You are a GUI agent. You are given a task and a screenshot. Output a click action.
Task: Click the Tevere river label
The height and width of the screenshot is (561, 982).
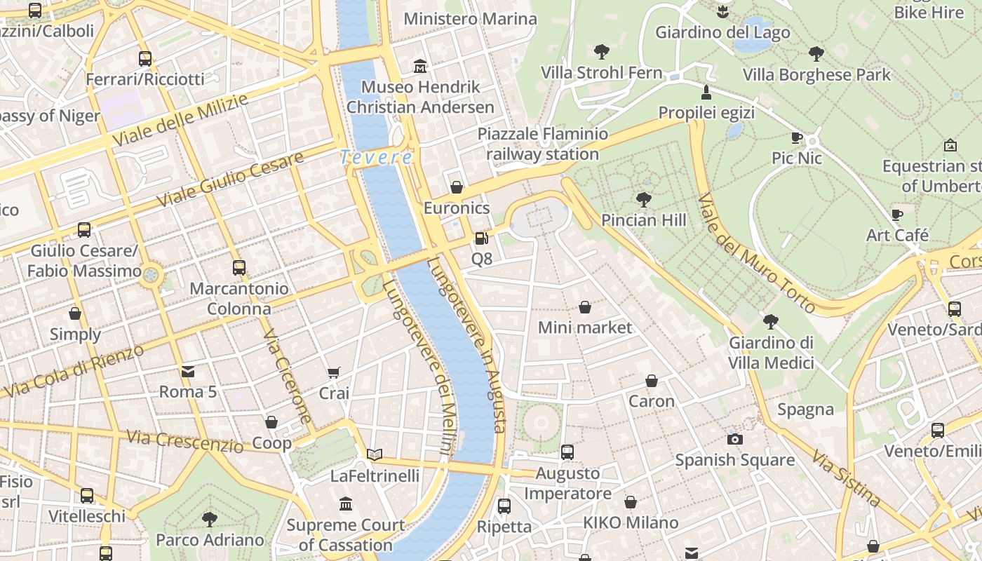pos(376,157)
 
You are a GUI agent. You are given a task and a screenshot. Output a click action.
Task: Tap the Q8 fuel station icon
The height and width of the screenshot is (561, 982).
pos(481,238)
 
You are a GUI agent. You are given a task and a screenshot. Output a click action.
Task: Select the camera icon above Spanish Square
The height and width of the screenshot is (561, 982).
pos(734,439)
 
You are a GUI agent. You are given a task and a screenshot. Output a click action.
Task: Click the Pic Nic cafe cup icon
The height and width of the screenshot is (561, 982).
pos(796,137)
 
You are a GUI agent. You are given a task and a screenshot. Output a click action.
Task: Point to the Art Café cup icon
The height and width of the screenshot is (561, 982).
pos(896,215)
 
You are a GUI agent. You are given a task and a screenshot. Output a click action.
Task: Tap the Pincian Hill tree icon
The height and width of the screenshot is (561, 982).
pos(643,200)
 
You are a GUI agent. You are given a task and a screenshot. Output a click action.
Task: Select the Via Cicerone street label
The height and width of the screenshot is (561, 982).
pos(288,377)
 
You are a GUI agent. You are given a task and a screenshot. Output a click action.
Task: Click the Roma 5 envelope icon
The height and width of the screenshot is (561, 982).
pos(188,371)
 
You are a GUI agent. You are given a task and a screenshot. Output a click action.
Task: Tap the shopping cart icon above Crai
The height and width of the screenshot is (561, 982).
pos(334,373)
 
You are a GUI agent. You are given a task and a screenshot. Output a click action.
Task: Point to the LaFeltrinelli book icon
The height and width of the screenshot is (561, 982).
pos(375,455)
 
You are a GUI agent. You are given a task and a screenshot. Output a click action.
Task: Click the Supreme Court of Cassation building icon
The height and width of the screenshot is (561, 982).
pos(345,503)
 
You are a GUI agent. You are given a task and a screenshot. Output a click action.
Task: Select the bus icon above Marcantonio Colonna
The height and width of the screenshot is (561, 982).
pos(239,267)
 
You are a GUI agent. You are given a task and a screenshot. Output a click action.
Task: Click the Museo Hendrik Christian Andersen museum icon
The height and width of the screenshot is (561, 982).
pos(420,67)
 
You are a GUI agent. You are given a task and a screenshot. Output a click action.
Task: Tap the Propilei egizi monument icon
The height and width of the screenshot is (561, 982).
pos(706,92)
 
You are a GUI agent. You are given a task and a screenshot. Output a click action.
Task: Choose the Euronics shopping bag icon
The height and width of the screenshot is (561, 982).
pos(457,187)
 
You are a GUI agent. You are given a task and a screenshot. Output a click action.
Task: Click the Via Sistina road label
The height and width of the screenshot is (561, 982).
pos(846,479)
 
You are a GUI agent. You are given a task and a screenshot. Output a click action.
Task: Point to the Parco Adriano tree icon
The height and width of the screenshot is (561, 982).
pos(209,520)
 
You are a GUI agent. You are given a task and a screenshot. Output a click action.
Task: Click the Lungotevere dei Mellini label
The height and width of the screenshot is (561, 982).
pos(419,368)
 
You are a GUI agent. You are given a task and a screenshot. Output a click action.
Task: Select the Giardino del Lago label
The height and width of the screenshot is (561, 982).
pos(722,32)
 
